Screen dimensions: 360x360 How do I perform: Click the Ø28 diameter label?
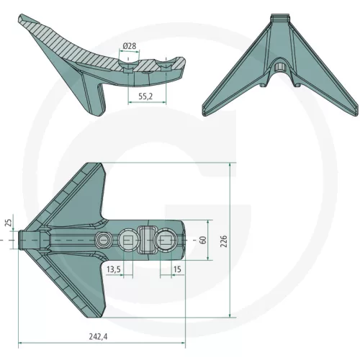[x=130, y=46]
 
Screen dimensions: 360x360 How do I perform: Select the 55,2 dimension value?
[x=145, y=96]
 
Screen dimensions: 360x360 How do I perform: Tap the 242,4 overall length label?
[x=98, y=336]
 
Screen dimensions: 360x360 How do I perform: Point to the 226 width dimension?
[x=223, y=241]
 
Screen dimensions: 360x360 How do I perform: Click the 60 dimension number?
[x=203, y=240]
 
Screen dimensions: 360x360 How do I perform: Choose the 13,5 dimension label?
[x=114, y=269]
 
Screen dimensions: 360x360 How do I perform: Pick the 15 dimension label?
[x=177, y=269]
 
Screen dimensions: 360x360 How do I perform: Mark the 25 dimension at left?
[x=9, y=222]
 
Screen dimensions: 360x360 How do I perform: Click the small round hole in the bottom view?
[x=103, y=240]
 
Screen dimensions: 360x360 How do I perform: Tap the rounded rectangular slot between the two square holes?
[x=147, y=240]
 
